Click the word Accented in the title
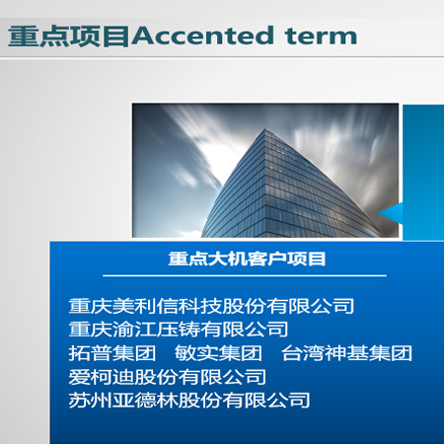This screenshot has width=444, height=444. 202,36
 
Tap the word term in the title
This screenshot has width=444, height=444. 321,37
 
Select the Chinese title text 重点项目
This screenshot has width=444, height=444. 69,37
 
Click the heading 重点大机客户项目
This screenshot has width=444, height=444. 247,259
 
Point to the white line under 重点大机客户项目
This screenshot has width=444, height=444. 245,275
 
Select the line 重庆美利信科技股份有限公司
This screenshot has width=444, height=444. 211,306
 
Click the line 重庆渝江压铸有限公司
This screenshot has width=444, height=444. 179,330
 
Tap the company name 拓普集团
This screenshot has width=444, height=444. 112,353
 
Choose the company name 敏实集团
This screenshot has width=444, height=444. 218,353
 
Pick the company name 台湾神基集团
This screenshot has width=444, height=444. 346,353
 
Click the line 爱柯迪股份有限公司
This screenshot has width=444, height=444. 168,377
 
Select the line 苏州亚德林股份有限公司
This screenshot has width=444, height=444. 189,401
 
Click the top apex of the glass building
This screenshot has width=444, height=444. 264,128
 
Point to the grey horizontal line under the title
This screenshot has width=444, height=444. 222,57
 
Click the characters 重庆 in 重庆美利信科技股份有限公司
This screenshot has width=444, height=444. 91,306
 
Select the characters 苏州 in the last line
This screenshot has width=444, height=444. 91,401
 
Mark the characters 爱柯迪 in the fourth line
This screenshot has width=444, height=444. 102,377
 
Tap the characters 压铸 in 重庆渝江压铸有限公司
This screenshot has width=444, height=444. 178,330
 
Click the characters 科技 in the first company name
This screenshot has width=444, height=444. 200,306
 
